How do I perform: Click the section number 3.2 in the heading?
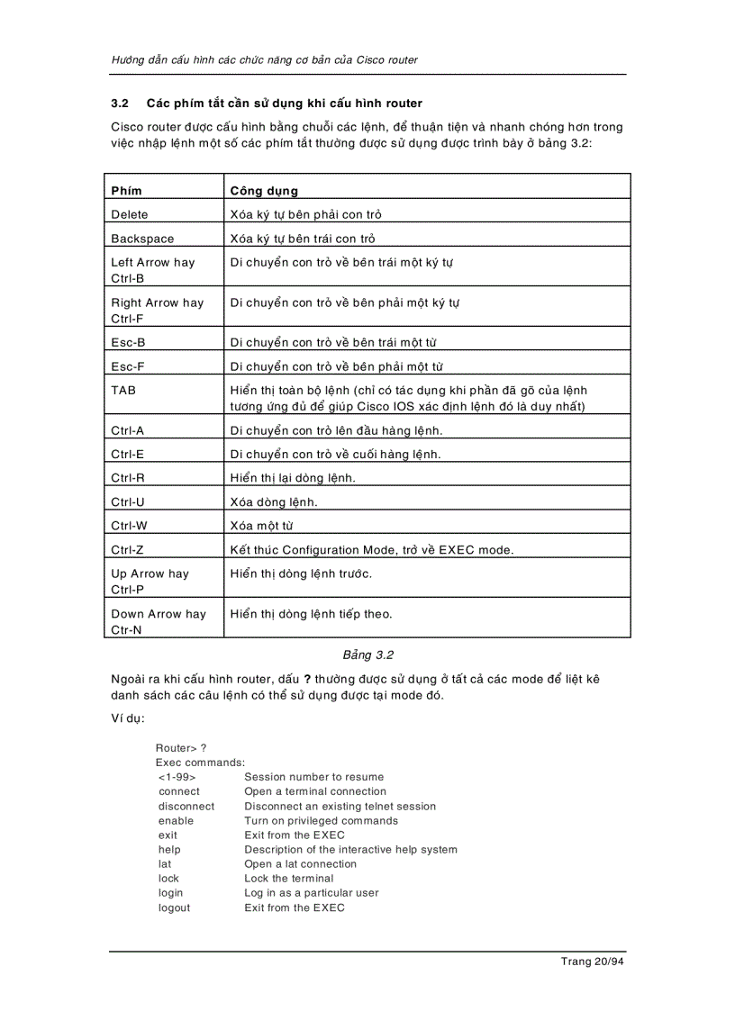(120, 104)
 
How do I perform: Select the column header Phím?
(126, 191)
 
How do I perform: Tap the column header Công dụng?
(264, 191)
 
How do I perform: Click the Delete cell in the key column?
(130, 214)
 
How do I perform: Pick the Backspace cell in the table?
(142, 239)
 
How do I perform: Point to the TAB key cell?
(123, 391)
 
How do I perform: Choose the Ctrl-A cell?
(128, 430)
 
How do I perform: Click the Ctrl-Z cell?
(128, 549)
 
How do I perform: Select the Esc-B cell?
(128, 342)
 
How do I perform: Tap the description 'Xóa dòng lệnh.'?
(274, 501)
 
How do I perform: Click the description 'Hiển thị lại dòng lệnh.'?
(293, 477)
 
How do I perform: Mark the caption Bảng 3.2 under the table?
(368, 654)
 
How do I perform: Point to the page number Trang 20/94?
(592, 961)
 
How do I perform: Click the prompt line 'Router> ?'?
(181, 748)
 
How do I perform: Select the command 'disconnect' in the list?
(186, 807)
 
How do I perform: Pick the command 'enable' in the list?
(176, 821)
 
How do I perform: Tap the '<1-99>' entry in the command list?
(177, 777)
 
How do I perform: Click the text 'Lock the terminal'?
(288, 879)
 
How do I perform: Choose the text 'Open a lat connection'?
(300, 864)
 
